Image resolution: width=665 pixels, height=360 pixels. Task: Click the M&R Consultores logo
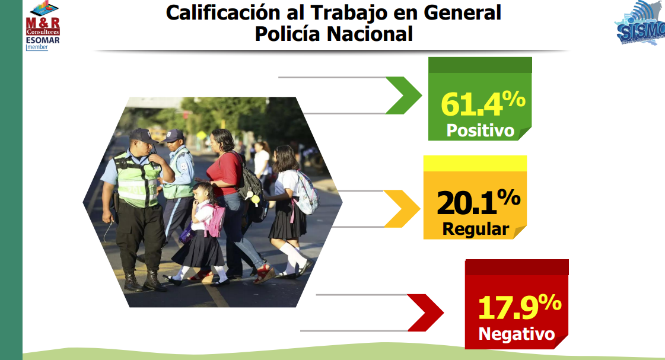click(x=42, y=18)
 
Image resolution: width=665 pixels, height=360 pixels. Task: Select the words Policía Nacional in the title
click(x=334, y=34)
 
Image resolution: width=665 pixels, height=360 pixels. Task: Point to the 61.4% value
click(x=483, y=103)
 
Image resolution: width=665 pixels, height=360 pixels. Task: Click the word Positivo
click(x=480, y=130)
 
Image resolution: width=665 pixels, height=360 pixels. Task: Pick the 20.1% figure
click(x=478, y=202)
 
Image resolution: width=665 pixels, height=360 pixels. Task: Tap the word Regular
click(x=475, y=229)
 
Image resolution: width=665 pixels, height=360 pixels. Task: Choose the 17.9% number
click(x=520, y=307)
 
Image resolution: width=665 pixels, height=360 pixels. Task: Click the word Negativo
click(x=517, y=334)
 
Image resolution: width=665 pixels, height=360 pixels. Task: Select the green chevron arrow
click(x=403, y=95)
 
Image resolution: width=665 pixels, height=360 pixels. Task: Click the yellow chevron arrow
click(x=402, y=209)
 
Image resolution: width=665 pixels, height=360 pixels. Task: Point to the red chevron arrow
click(x=425, y=313)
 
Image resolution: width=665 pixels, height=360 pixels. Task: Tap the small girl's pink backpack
click(x=215, y=221)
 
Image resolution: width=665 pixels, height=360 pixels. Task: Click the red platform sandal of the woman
click(x=265, y=274)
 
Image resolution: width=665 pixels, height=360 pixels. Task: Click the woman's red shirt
click(x=224, y=173)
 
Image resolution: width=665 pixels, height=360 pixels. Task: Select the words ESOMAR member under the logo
click(x=42, y=43)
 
